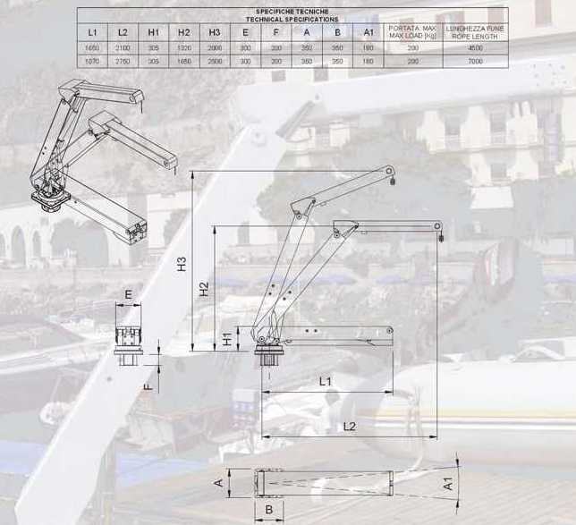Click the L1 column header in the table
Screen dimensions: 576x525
click(x=93, y=32)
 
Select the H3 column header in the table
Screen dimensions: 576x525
click(x=215, y=32)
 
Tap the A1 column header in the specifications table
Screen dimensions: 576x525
click(x=368, y=32)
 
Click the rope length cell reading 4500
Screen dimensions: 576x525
click(x=475, y=47)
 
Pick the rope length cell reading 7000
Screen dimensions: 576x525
click(x=475, y=61)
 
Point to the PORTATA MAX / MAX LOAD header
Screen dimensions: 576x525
click(x=412, y=32)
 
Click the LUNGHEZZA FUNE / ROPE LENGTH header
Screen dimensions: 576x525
click(x=475, y=32)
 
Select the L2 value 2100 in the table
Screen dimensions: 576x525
click(x=123, y=47)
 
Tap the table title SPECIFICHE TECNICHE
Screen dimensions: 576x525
click(x=292, y=12)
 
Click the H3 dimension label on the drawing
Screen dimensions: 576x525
click(x=182, y=265)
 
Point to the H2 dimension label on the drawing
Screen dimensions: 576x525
click(x=205, y=289)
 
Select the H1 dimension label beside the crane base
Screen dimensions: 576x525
click(x=228, y=339)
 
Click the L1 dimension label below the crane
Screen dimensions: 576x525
click(x=326, y=381)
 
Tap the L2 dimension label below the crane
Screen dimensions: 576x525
click(x=350, y=427)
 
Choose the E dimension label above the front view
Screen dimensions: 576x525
click(x=128, y=293)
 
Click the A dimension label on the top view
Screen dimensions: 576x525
click(x=217, y=483)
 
